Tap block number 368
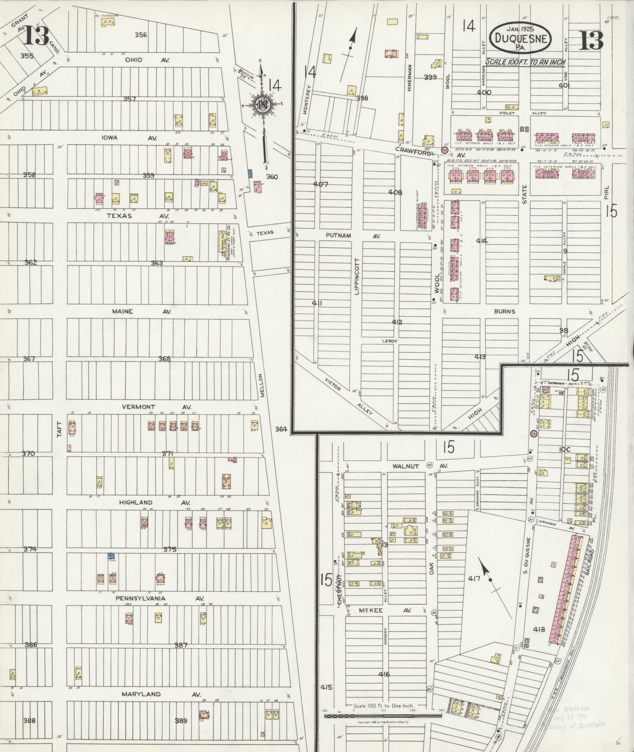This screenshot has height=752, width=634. point(165,359)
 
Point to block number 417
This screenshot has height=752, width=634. point(474,579)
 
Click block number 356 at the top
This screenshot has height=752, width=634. point(141,35)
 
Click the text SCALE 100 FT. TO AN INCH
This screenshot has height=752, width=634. point(525,62)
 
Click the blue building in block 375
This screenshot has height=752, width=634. point(111,556)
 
